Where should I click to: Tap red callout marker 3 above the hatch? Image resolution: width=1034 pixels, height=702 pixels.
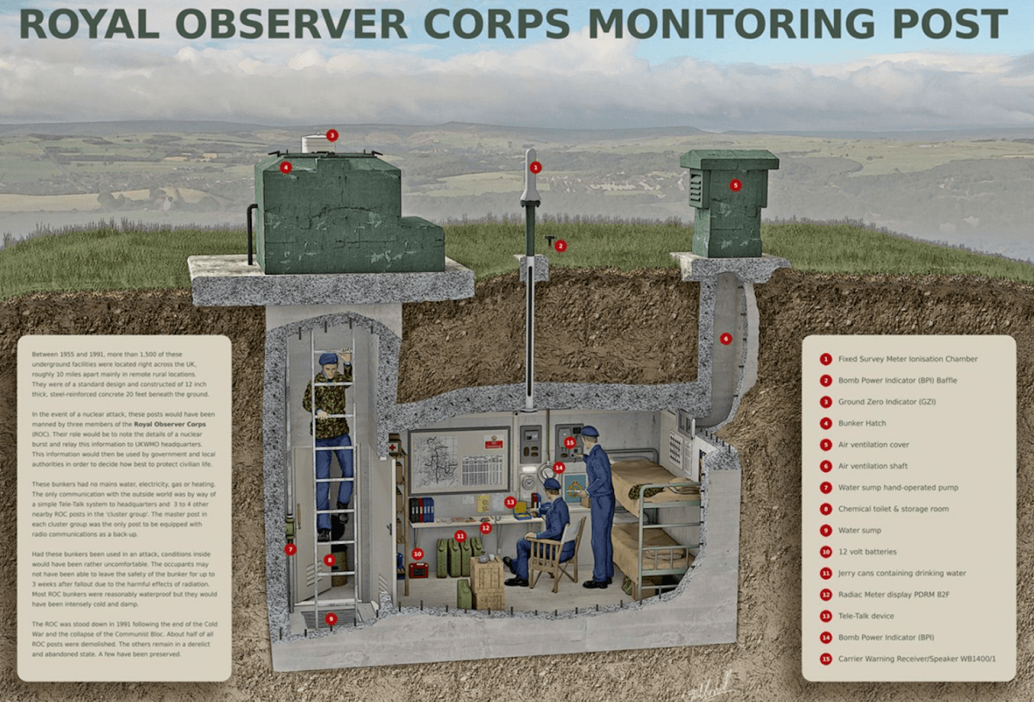tap(332, 135)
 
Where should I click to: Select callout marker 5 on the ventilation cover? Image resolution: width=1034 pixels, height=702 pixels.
tap(735, 185)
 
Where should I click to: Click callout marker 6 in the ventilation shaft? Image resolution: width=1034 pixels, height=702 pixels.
tap(725, 339)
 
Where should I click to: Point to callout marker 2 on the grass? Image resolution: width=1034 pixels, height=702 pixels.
tap(560, 246)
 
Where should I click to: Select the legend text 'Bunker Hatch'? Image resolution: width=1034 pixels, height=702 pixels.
tap(861, 423)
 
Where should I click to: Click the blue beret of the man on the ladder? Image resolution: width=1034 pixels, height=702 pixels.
tap(327, 359)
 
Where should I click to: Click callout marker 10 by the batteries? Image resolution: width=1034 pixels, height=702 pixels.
tap(417, 554)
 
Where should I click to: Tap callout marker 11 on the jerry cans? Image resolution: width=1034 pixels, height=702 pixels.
tap(460, 535)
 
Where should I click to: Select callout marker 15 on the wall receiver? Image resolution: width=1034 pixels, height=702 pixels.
tap(569, 442)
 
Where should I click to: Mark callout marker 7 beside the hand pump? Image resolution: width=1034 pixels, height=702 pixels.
tap(290, 549)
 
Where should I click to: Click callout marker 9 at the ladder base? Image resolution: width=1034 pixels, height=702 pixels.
tap(331, 619)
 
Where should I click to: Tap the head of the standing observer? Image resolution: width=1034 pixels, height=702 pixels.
tap(589, 435)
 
